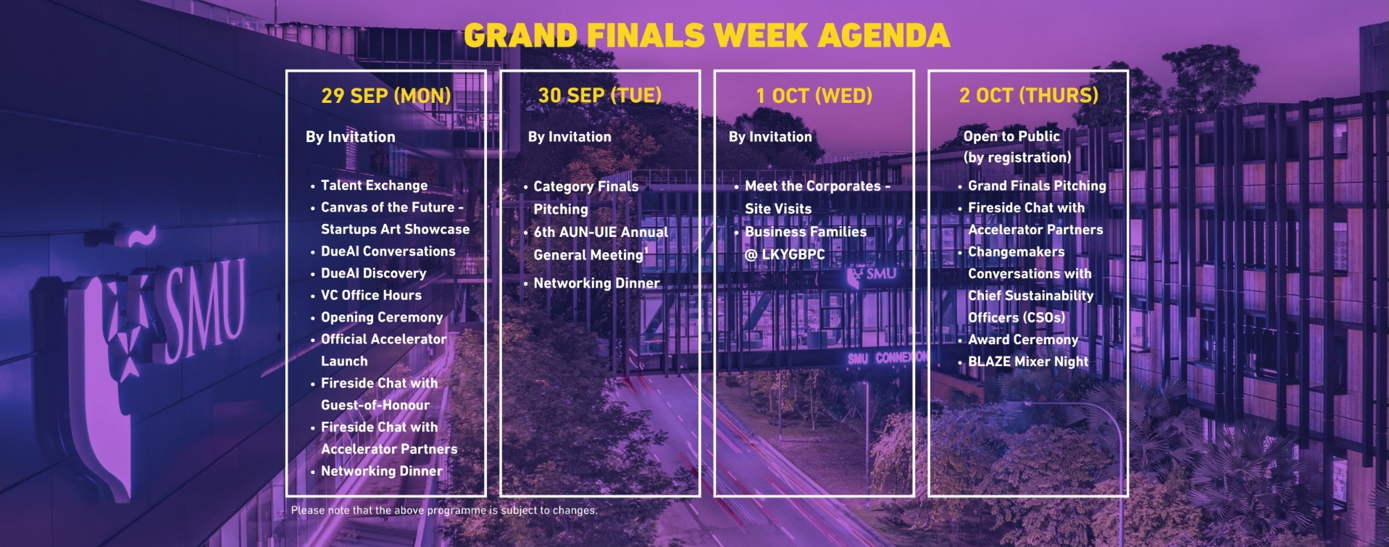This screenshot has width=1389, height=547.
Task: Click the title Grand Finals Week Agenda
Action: [x=706, y=36]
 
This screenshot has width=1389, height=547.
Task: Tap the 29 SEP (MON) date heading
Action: [x=386, y=96]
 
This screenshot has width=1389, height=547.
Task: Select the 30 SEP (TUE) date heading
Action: [x=600, y=96]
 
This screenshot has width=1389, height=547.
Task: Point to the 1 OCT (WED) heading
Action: [x=814, y=96]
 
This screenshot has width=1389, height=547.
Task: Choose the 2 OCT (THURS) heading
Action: [x=1029, y=95]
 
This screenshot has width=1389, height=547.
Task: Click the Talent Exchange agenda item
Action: [x=374, y=185]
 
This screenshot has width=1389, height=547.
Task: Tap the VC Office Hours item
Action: [x=371, y=295]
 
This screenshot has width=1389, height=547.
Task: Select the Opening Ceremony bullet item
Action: [x=382, y=317]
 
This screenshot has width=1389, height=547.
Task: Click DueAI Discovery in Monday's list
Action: [x=373, y=273]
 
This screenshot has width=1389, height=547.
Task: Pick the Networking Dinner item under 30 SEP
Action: [x=596, y=283]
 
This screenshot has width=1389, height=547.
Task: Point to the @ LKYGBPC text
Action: [x=785, y=254]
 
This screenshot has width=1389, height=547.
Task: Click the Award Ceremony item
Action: [x=1023, y=340]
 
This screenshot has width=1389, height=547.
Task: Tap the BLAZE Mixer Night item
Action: [x=1028, y=362]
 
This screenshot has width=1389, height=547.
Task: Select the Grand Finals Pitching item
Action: [x=1037, y=185]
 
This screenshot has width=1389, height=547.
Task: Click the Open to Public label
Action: [x=1011, y=136]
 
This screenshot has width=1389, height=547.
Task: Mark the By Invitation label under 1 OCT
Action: [x=770, y=137]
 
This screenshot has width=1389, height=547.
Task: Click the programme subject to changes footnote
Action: [x=444, y=510]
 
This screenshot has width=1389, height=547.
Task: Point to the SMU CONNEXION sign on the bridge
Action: [x=887, y=358]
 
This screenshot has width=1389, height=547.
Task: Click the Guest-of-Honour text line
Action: [x=375, y=405]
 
